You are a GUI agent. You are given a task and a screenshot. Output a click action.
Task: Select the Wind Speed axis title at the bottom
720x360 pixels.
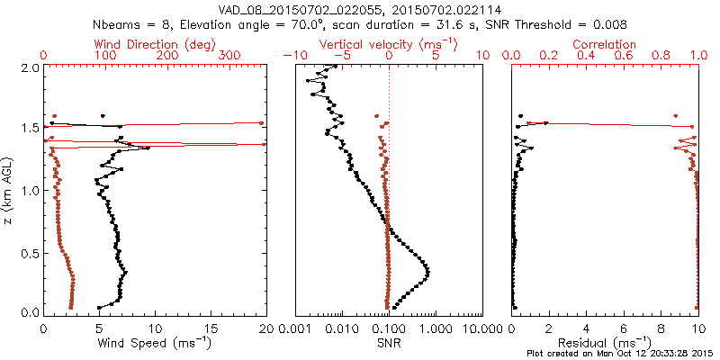[x=156, y=344]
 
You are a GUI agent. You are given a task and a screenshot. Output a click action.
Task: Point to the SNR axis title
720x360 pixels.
[x=389, y=344]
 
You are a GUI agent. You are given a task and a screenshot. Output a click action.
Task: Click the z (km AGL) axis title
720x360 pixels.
[x=9, y=189]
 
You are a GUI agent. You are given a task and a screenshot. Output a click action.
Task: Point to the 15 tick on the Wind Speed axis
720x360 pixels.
[x=211, y=328]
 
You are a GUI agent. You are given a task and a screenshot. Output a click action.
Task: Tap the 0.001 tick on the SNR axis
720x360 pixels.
[x=295, y=328]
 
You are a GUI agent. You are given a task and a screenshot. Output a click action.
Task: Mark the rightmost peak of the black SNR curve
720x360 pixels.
[x=427, y=273]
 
